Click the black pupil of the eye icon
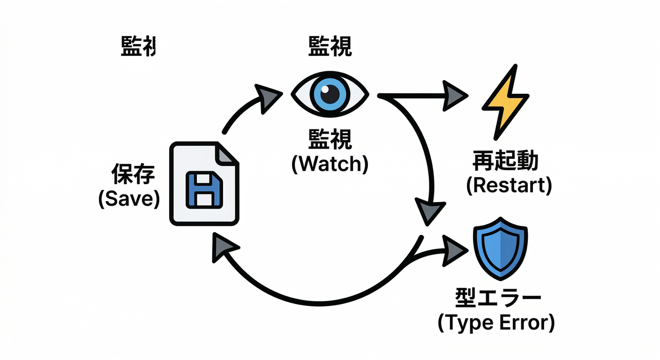(x=330, y=94)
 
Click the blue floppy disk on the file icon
(x=204, y=189)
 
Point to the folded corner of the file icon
(x=227, y=154)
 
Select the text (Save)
(x=129, y=199)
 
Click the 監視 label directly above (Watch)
(x=330, y=140)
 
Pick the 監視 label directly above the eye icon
(x=330, y=47)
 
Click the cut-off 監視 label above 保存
(x=138, y=47)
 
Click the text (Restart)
(x=509, y=186)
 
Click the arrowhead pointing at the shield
(x=454, y=252)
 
